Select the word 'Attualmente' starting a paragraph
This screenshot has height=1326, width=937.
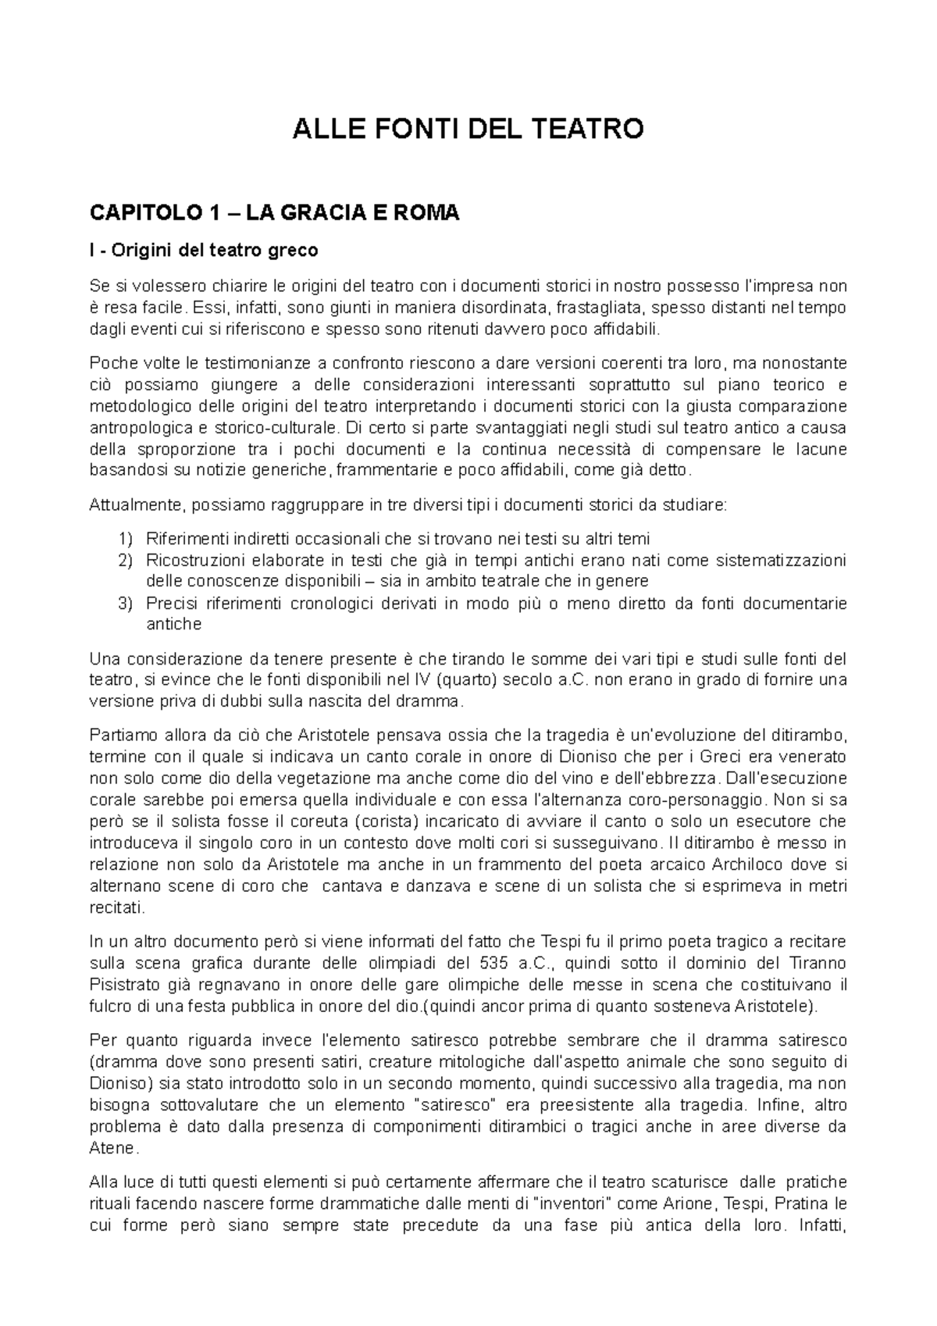(127, 505)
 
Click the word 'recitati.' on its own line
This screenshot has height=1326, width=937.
(117, 907)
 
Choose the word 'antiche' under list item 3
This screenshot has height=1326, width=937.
(174, 624)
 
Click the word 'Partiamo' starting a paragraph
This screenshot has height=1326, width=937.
(119, 735)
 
